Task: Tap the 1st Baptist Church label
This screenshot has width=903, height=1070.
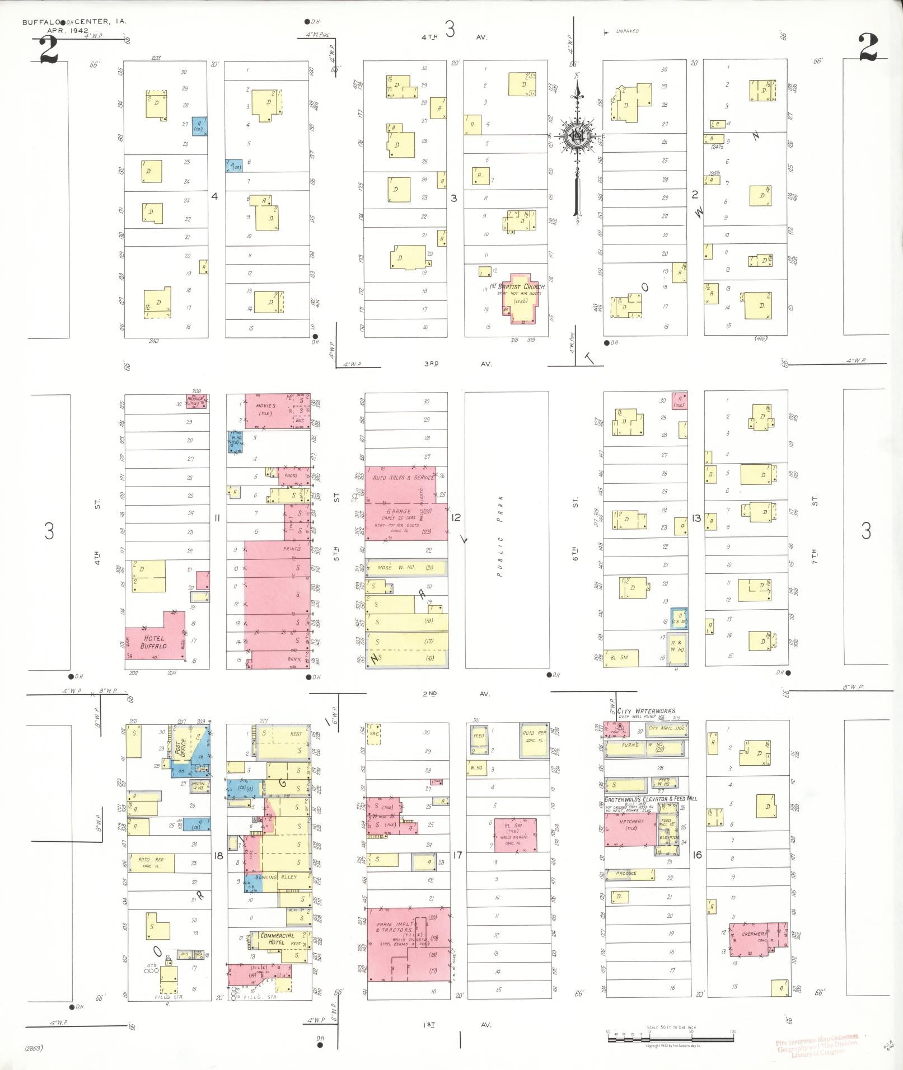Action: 517,287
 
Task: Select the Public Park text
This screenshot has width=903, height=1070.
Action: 501,529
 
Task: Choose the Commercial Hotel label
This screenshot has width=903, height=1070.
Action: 277,939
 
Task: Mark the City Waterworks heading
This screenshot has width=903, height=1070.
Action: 646,711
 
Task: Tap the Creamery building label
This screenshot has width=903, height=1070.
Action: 754,934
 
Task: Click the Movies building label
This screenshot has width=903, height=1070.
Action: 265,406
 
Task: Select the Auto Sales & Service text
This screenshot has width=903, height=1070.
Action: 403,478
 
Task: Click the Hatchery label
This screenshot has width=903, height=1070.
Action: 631,822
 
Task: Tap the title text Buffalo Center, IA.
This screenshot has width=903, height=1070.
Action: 74,22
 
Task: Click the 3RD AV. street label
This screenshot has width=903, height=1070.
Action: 457,364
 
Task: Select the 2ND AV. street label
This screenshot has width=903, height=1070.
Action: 456,694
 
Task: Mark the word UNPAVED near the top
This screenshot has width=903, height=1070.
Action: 627,31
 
